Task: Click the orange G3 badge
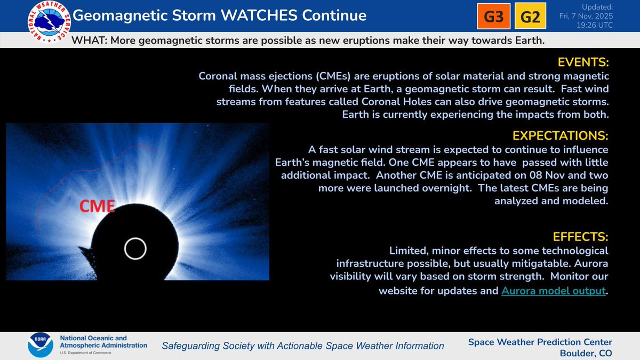pos(493,16)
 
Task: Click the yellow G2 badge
pos(530,15)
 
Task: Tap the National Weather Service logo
pos(49,22)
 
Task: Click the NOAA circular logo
pos(41,345)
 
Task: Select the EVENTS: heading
pos(583,62)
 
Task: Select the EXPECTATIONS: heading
pos(560,135)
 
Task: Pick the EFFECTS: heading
pos(580,237)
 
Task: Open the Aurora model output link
pos(554,291)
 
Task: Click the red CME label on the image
pos(97,206)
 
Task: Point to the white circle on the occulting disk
pos(135,238)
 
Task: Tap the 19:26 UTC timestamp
pos(595,25)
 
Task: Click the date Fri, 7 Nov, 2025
pos(586,16)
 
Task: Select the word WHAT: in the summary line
pos(90,41)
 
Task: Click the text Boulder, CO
pos(586,353)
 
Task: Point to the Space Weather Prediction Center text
pos(540,342)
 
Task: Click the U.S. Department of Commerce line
pos(85,353)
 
